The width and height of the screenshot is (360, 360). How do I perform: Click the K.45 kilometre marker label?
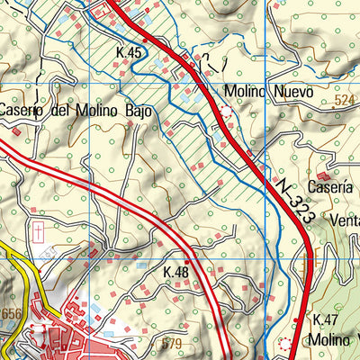pos(130,54)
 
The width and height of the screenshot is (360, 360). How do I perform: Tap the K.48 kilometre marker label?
pos(176,271)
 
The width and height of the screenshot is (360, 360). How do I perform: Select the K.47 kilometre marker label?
pos(324,320)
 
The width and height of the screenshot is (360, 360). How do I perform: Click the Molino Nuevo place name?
pos(269,93)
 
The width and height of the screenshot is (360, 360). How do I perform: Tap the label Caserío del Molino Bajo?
pos(75,112)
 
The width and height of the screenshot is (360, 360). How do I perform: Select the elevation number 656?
pos(11,313)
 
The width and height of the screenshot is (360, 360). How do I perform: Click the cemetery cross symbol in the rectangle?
pos(39,231)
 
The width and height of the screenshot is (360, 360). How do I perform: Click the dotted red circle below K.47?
pos(286,343)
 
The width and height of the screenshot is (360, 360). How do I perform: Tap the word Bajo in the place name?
pos(132,112)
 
